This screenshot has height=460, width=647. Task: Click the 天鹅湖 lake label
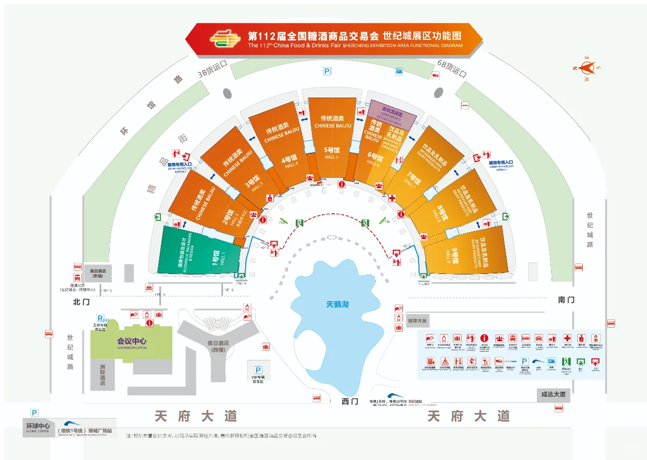(337, 305)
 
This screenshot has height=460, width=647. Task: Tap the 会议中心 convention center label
(131, 341)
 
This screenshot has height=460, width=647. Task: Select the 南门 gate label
(566, 300)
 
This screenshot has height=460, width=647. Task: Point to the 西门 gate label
(349, 401)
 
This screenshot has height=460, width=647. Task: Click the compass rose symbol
(586, 68)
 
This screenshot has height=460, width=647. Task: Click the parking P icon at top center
(328, 72)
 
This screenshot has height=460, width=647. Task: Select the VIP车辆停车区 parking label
(258, 378)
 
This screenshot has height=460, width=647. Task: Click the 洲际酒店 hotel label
(103, 374)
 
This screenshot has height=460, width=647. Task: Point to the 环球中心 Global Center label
(38, 426)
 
